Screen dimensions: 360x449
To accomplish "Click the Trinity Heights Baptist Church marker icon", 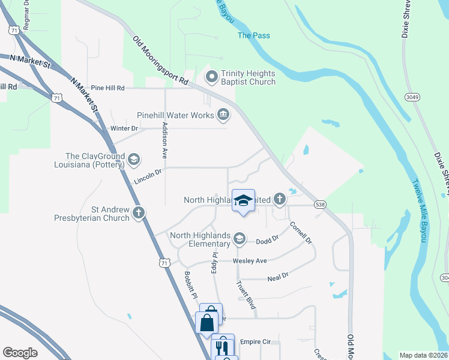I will point(211,77).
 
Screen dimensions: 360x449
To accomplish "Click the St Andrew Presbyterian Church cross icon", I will point(139,212).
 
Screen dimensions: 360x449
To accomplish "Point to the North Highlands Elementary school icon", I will point(239,239).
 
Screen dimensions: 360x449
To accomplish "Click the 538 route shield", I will point(319,205).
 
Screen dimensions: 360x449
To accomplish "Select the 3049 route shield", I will point(412,97).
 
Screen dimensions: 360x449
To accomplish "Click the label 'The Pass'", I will point(253,35).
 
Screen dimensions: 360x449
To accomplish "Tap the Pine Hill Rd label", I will point(107,88).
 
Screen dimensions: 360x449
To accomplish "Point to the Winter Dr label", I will point(124,128).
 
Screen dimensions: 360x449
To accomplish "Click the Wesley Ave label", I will point(250,261).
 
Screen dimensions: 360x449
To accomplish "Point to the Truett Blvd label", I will point(246,295).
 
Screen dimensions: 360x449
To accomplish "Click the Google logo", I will point(20,353).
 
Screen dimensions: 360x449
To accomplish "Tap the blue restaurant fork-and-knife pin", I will point(224,346).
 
